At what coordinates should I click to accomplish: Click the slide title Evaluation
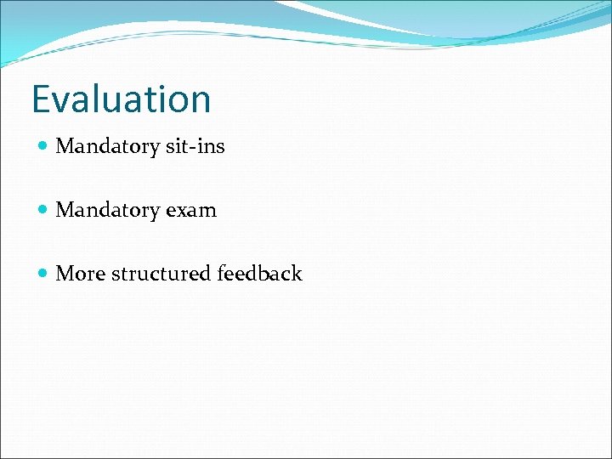point(121,99)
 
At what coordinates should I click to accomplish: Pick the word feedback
point(259,274)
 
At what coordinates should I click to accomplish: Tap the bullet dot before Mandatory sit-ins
point(43,147)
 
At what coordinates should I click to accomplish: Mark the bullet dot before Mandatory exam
point(43,211)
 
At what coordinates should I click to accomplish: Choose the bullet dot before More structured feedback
point(43,275)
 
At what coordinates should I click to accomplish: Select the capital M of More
point(65,274)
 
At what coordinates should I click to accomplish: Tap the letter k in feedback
point(296,273)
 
